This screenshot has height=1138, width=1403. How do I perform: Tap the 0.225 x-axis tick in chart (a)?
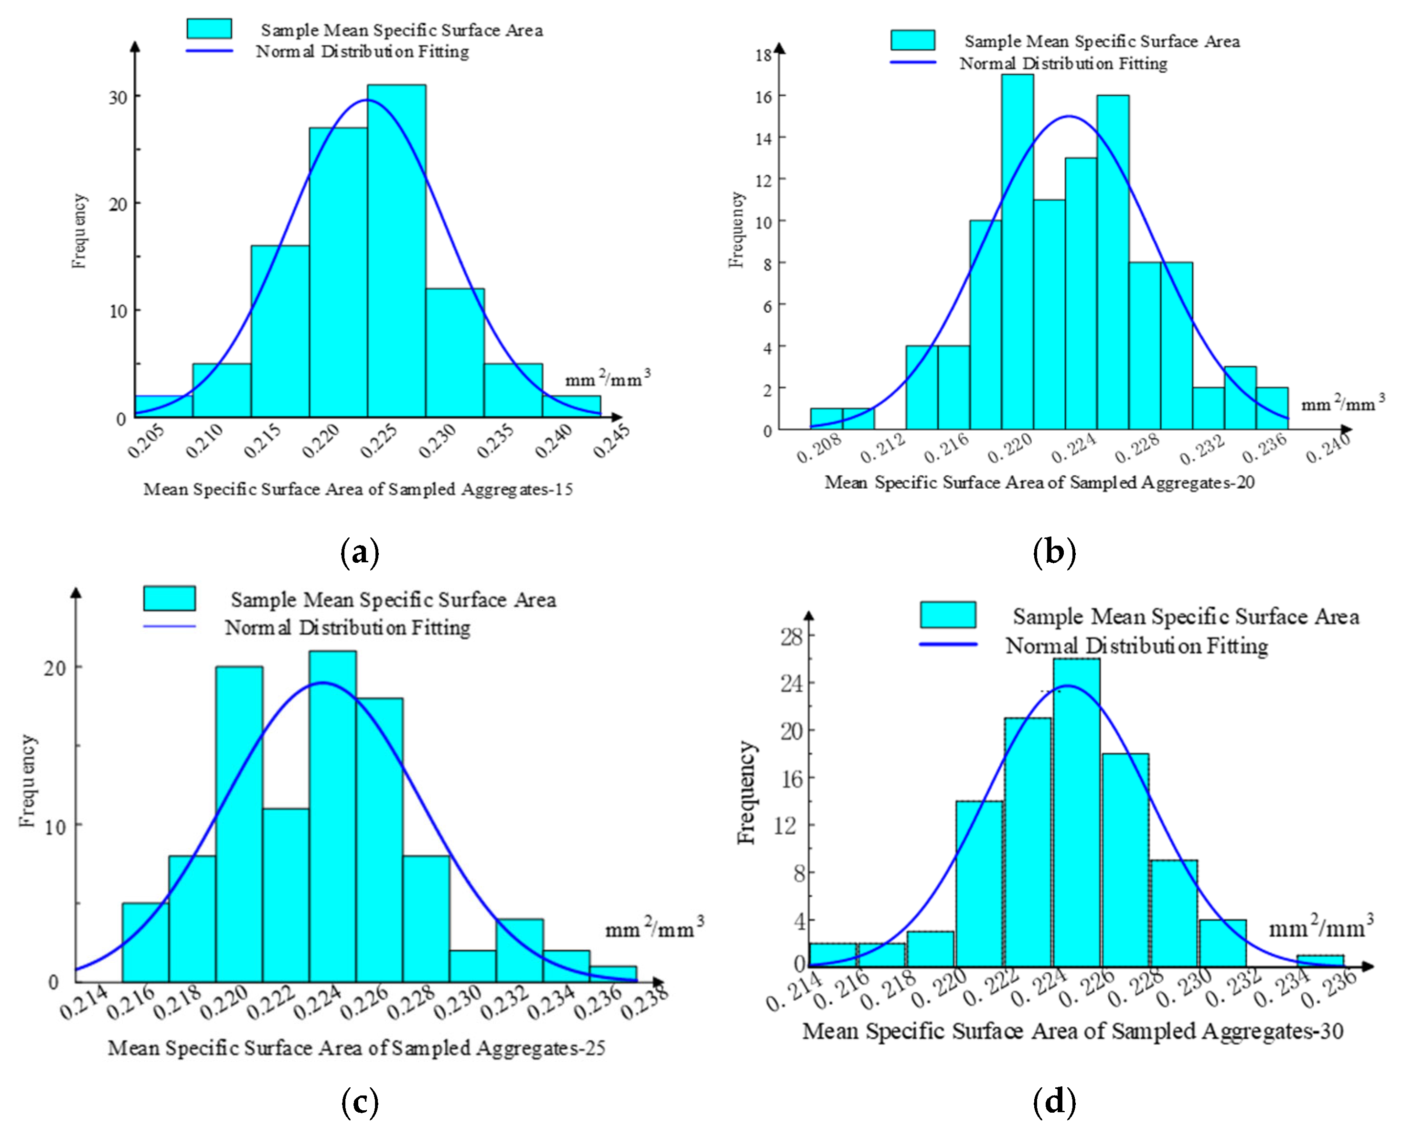click(379, 440)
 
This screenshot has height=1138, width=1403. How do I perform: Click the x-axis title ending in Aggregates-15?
click(358, 489)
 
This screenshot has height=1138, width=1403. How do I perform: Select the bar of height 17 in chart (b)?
click(1017, 252)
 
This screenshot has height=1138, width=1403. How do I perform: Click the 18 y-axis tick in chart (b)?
click(763, 55)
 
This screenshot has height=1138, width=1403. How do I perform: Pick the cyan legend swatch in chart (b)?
click(912, 40)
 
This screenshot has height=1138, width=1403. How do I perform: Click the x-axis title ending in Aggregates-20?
click(1039, 483)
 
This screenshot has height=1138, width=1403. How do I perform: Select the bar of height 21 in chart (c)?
click(332, 816)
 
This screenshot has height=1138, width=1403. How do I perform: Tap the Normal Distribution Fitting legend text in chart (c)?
click(347, 628)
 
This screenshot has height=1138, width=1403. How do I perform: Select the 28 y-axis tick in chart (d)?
click(791, 636)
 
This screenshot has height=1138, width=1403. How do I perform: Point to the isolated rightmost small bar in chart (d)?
click(1320, 960)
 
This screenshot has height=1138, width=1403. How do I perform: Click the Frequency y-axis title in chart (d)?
click(746, 792)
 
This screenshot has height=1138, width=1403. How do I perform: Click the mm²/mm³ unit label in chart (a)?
click(608, 379)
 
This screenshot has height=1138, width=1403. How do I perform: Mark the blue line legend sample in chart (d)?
click(948, 644)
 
